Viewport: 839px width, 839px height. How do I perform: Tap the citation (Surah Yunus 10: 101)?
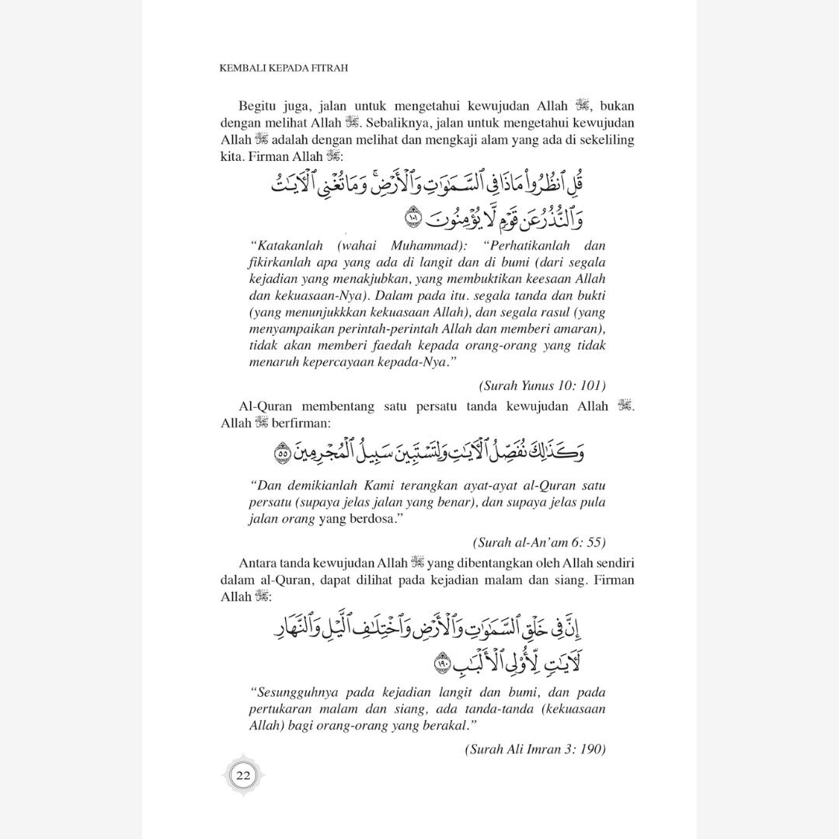coord(542,385)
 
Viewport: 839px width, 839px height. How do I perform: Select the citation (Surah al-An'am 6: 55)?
coord(538,541)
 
